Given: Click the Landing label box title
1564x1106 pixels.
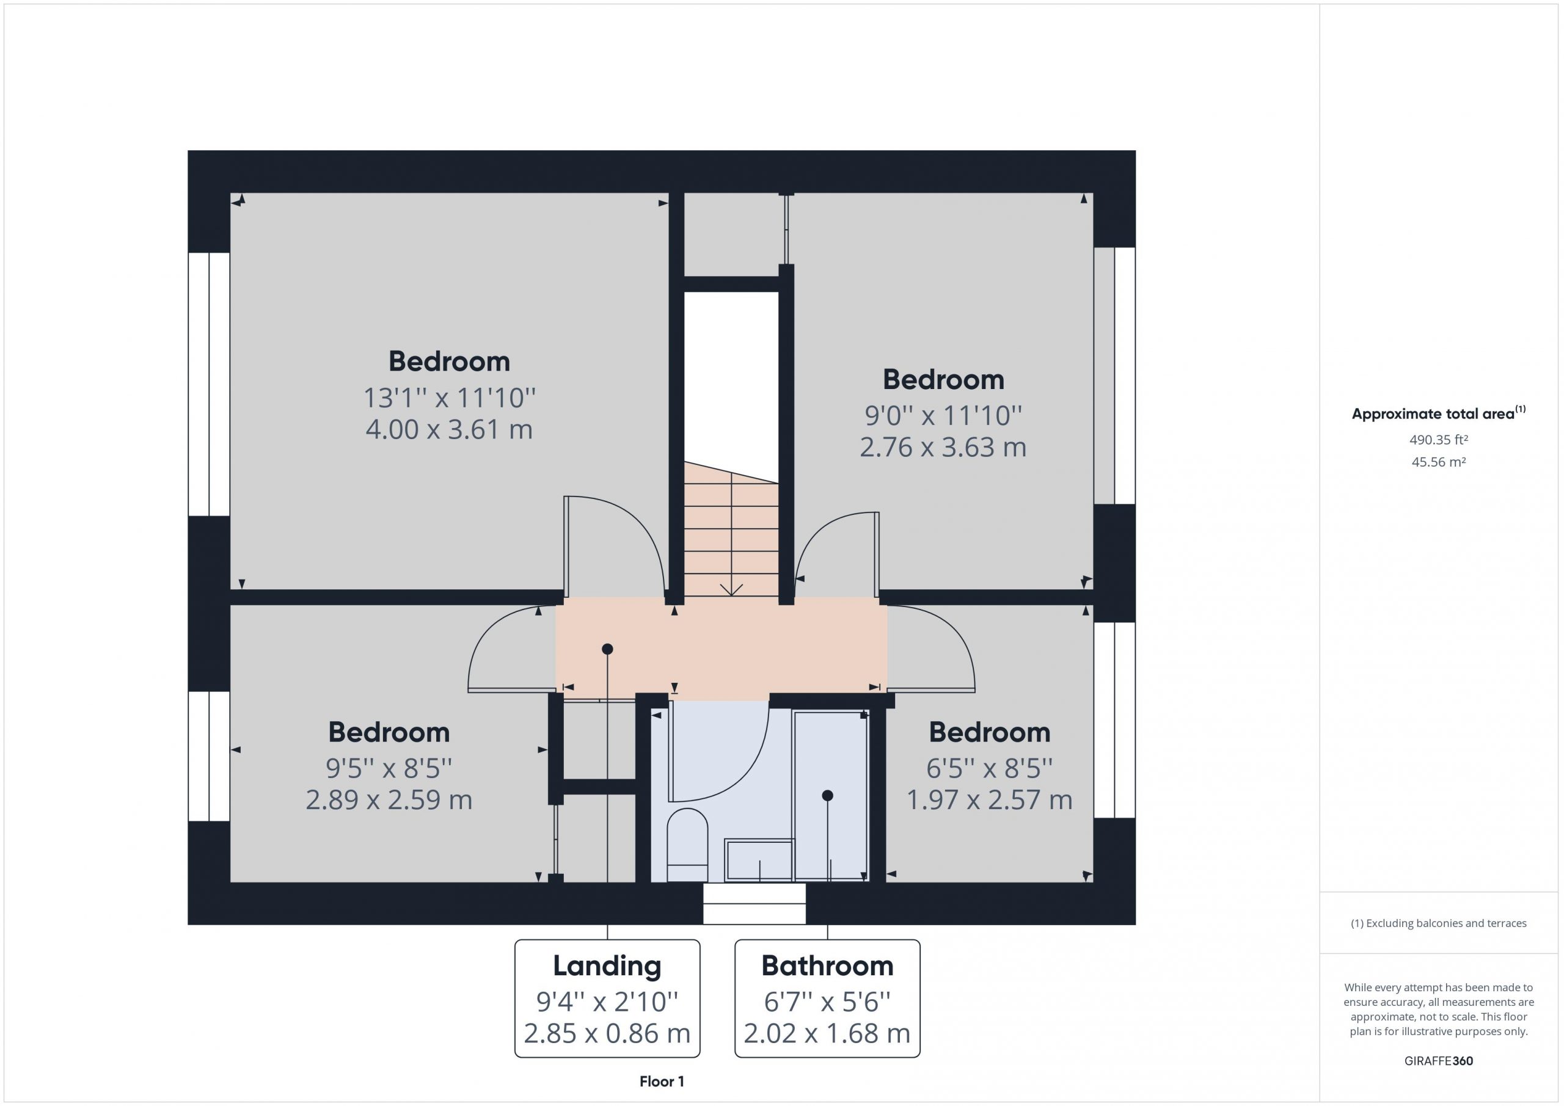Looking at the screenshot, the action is pyautogui.click(x=607, y=966).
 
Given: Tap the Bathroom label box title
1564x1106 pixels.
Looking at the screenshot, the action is pyautogui.click(x=827, y=966).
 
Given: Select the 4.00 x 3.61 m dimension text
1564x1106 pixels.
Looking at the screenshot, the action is pyautogui.click(x=449, y=430).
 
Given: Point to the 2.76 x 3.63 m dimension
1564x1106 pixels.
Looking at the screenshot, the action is pyautogui.click(x=943, y=448).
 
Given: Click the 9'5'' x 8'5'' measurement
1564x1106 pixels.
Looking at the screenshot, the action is pyautogui.click(x=389, y=768).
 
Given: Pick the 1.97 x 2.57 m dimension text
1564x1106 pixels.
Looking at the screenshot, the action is pyautogui.click(x=989, y=799).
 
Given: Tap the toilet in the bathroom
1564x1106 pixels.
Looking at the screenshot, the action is pyautogui.click(x=687, y=845).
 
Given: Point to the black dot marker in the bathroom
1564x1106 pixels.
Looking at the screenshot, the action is pyautogui.click(x=828, y=795).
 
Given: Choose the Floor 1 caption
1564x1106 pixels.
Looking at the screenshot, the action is pyautogui.click(x=662, y=1081).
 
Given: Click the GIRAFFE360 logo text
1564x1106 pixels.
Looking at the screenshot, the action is pyautogui.click(x=1439, y=1060).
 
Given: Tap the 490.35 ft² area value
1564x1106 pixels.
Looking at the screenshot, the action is pyautogui.click(x=1439, y=440).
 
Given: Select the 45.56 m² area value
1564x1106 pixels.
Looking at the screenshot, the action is pyautogui.click(x=1439, y=462).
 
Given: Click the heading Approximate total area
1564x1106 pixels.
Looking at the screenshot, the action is pyautogui.click(x=1433, y=414).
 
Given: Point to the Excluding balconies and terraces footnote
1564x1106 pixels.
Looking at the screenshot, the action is pyautogui.click(x=1439, y=923).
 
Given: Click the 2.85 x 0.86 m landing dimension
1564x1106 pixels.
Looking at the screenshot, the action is pyautogui.click(x=607, y=1034).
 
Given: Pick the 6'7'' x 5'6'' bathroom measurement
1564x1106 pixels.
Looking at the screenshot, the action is pyautogui.click(x=827, y=1002).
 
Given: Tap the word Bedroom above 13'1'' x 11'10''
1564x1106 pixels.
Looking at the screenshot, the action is pyautogui.click(x=449, y=362).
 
